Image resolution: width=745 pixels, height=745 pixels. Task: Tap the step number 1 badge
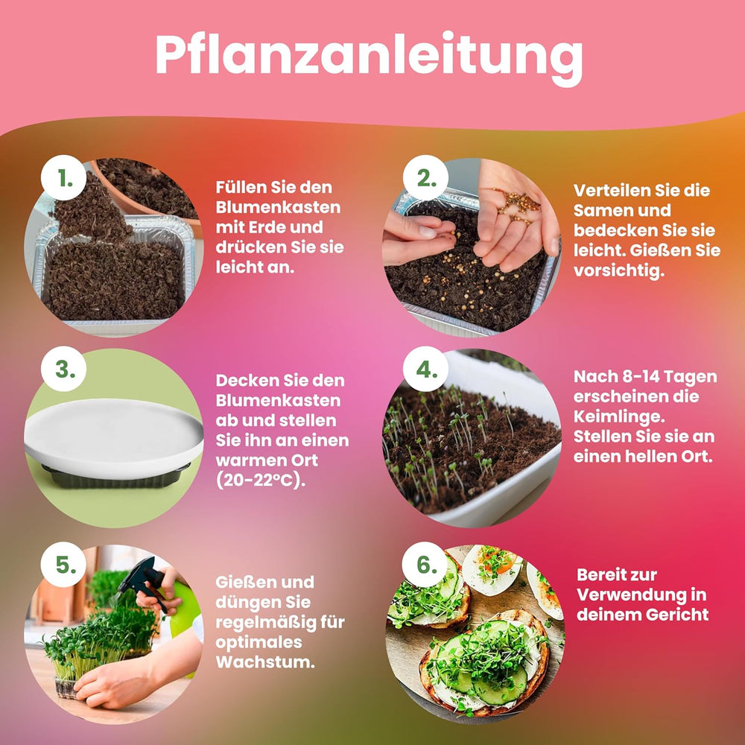(x=67, y=180)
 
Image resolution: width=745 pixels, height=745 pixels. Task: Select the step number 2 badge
(x=425, y=179)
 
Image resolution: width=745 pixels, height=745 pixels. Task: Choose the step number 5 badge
(x=66, y=565)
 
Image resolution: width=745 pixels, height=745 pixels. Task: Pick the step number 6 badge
(x=425, y=565)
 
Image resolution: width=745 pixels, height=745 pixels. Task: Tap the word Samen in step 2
(x=600, y=211)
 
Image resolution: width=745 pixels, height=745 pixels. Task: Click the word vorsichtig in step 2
(x=618, y=271)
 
